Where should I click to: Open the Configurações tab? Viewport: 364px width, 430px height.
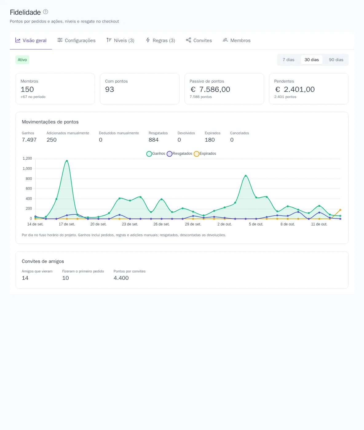coord(76,40)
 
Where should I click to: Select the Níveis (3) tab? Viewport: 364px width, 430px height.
coord(120,40)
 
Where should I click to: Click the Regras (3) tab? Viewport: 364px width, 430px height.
coord(160,40)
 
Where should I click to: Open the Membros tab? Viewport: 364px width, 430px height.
coord(236,40)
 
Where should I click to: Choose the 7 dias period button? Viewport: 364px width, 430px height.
coord(288,60)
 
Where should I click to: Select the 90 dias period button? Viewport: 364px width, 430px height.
coord(336,60)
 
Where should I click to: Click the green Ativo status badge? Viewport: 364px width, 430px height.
coord(22,60)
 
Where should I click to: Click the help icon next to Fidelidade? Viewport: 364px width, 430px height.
coord(45,12)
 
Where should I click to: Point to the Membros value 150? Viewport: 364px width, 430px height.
coord(27,89)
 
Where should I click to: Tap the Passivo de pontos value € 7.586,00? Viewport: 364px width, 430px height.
coord(210,89)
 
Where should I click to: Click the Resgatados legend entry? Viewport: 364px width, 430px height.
coord(180,154)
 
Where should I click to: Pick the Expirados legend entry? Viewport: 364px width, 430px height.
coord(205,154)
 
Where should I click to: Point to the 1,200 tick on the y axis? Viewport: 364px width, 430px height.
coord(27,158)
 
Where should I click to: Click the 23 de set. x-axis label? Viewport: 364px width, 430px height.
coord(130,224)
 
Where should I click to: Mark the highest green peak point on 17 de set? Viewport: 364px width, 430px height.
coord(67,161)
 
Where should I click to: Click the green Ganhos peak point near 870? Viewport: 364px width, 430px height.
coord(246,176)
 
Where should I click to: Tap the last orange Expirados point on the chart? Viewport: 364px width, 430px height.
coord(340,210)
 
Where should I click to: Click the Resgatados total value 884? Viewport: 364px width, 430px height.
coord(153,140)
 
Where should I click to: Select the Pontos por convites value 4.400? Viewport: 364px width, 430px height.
coord(121,278)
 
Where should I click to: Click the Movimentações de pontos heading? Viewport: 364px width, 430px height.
coord(50,122)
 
